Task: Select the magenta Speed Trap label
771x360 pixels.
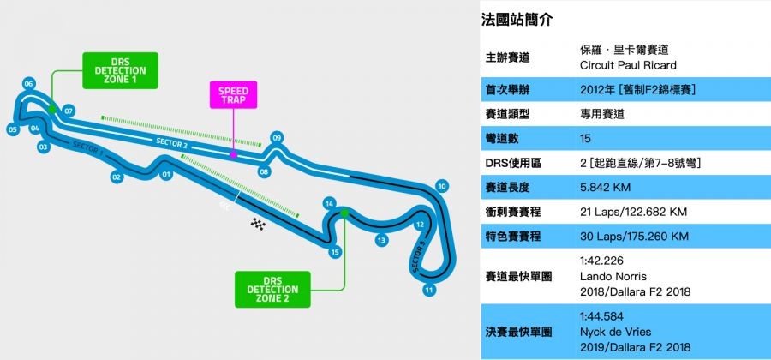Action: [232, 95]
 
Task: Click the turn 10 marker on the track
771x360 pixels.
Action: [442, 186]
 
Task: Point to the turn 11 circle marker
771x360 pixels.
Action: [429, 290]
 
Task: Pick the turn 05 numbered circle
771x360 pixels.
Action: [13, 129]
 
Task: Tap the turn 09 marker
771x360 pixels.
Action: [277, 137]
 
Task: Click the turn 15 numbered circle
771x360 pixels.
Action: [335, 252]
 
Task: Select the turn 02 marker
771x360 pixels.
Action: [117, 177]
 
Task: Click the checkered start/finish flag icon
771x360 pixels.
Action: [258, 224]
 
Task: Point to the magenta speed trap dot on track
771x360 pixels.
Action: [233, 155]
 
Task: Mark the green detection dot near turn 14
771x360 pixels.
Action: [343, 211]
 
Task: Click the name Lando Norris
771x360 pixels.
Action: [614, 278]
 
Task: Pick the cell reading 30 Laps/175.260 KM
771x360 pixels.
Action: [635, 234]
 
